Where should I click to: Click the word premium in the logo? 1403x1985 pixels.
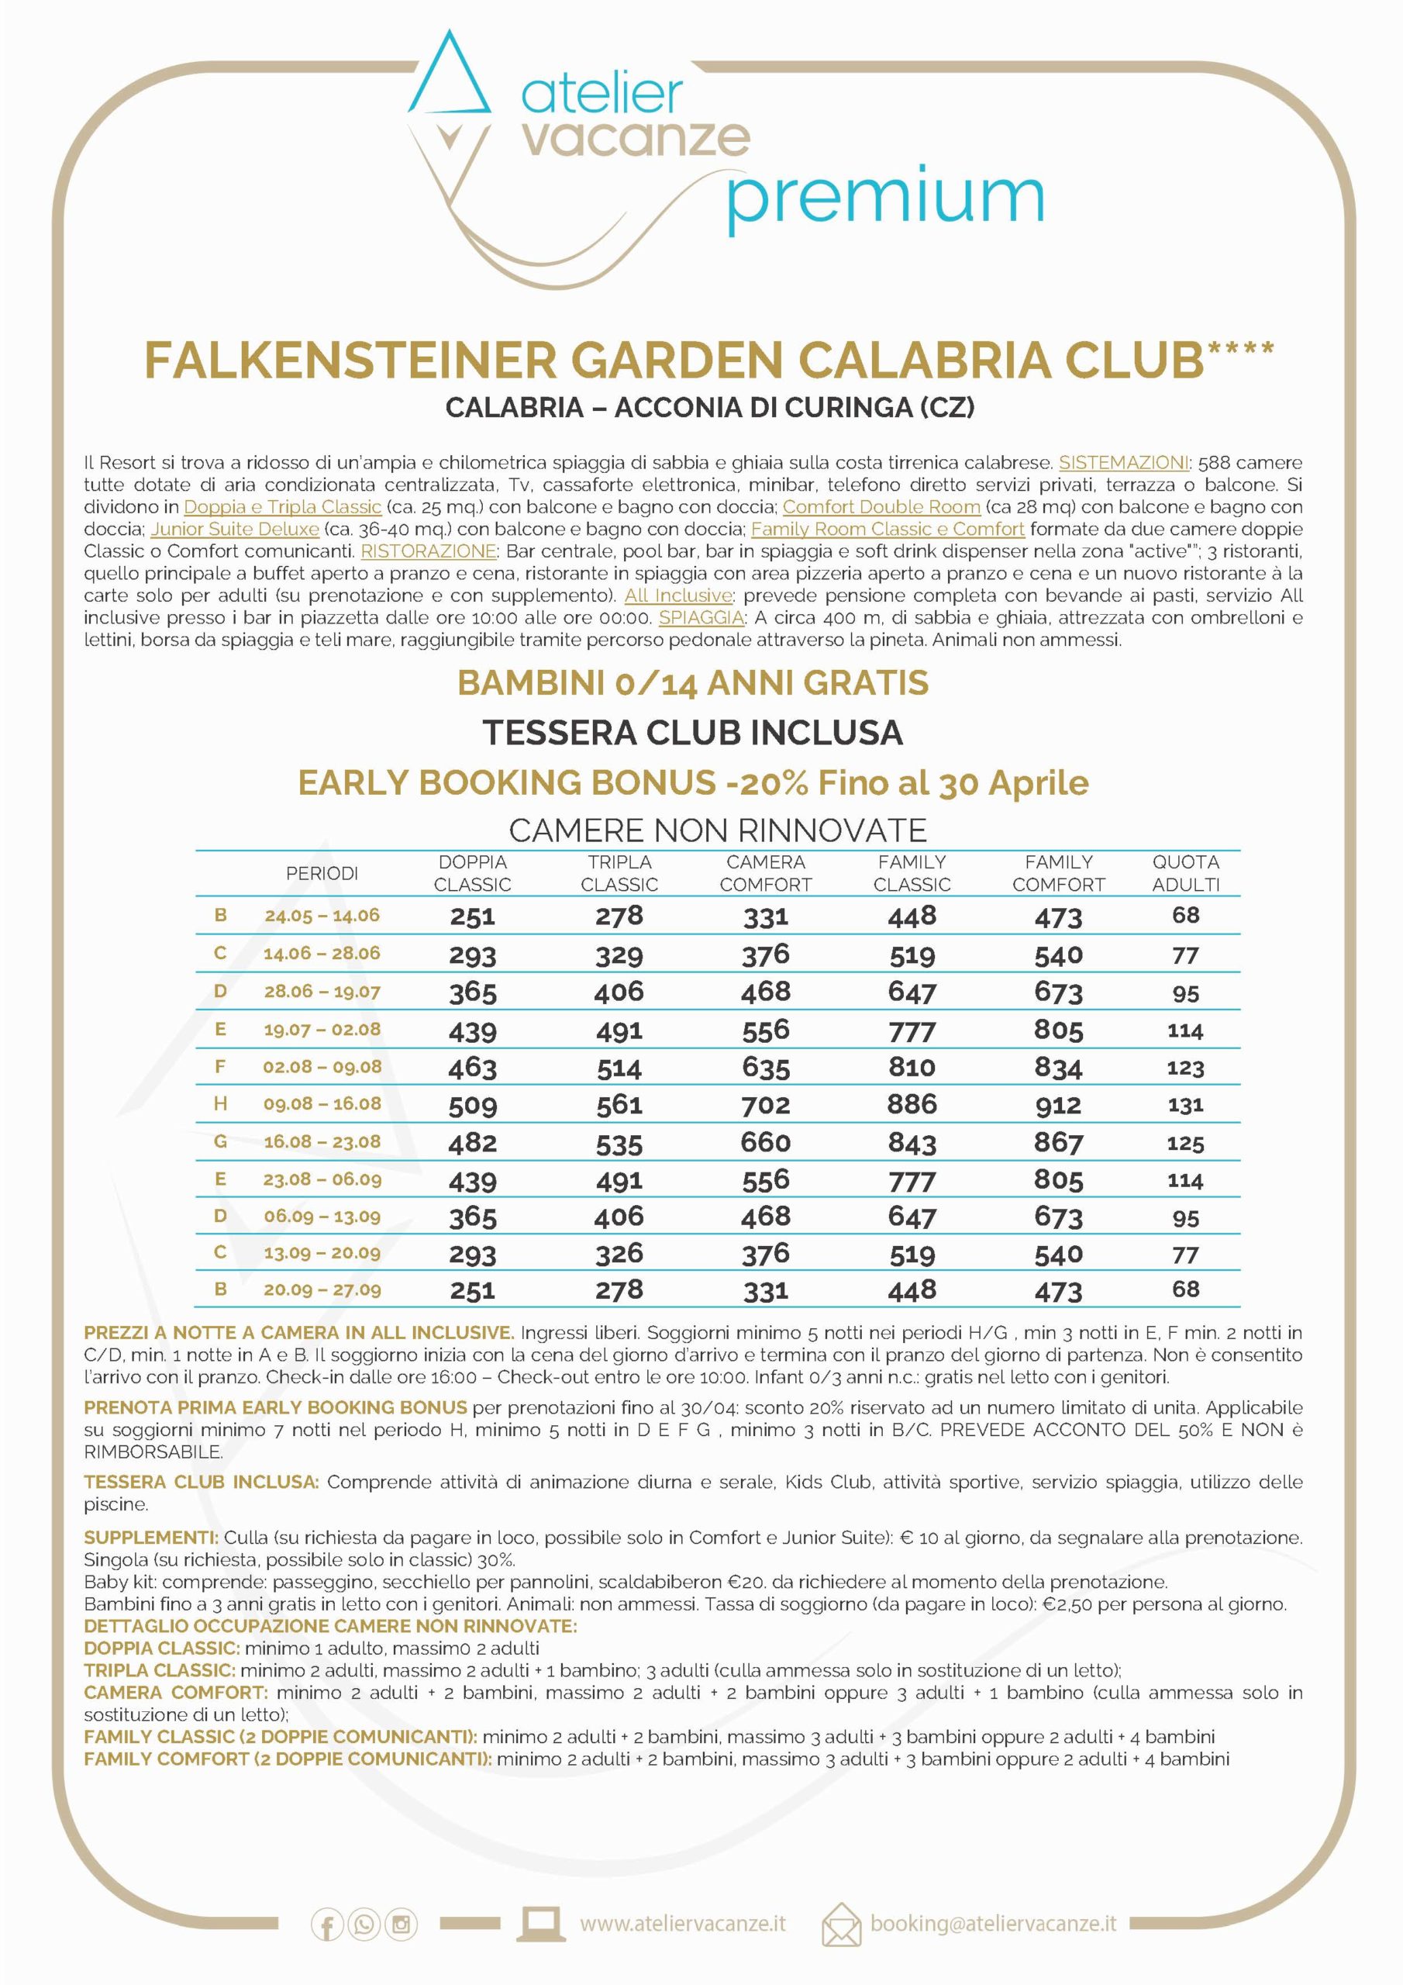[x=884, y=197]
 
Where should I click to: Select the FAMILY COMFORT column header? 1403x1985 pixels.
[x=1058, y=873]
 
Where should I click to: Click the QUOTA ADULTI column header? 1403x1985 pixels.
[x=1185, y=873]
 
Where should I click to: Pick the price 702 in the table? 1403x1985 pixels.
[x=765, y=1105]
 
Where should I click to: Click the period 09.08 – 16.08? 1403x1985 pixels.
[x=322, y=1104]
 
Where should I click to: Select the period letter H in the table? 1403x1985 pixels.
[x=220, y=1104]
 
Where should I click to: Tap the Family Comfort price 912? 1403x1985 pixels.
[x=1058, y=1105]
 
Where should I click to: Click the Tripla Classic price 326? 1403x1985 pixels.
[x=619, y=1254]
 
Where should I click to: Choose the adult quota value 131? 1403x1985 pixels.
[x=1185, y=1105]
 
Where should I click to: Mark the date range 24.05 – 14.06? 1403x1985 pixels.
[x=322, y=916]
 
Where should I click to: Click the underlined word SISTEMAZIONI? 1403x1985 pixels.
[x=1124, y=463]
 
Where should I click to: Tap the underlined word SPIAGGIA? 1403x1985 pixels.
[x=701, y=617]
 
